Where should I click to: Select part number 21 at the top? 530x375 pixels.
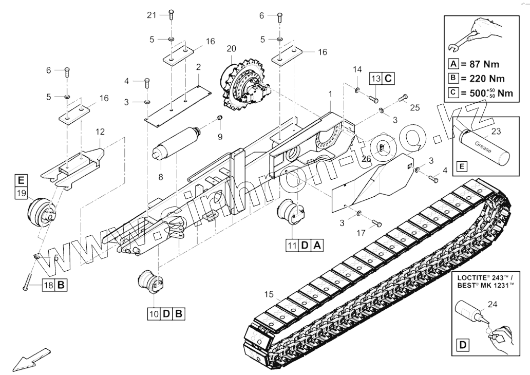151,15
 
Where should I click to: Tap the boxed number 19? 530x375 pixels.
21,193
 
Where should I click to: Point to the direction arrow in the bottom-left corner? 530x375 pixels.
31,358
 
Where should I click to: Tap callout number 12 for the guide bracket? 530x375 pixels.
100,132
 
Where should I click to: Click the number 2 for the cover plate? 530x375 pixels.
198,67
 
